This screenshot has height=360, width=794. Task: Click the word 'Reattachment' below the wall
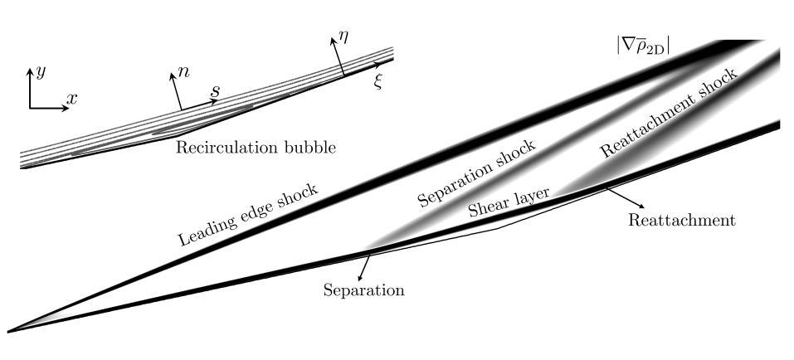[x=682, y=221]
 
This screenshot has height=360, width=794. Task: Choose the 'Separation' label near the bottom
[x=363, y=291]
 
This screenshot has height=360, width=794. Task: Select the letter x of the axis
[x=72, y=99]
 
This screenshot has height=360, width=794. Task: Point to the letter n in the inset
[x=184, y=73]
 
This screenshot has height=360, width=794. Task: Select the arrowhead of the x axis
[x=63, y=108]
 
